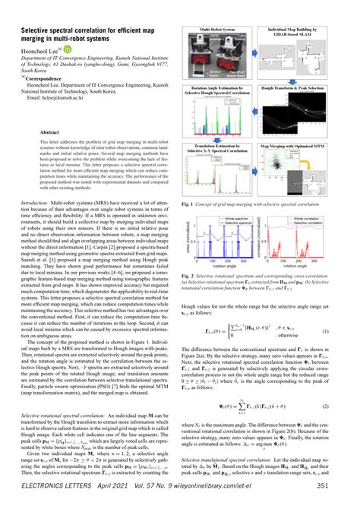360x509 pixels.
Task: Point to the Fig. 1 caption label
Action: pos(192,204)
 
